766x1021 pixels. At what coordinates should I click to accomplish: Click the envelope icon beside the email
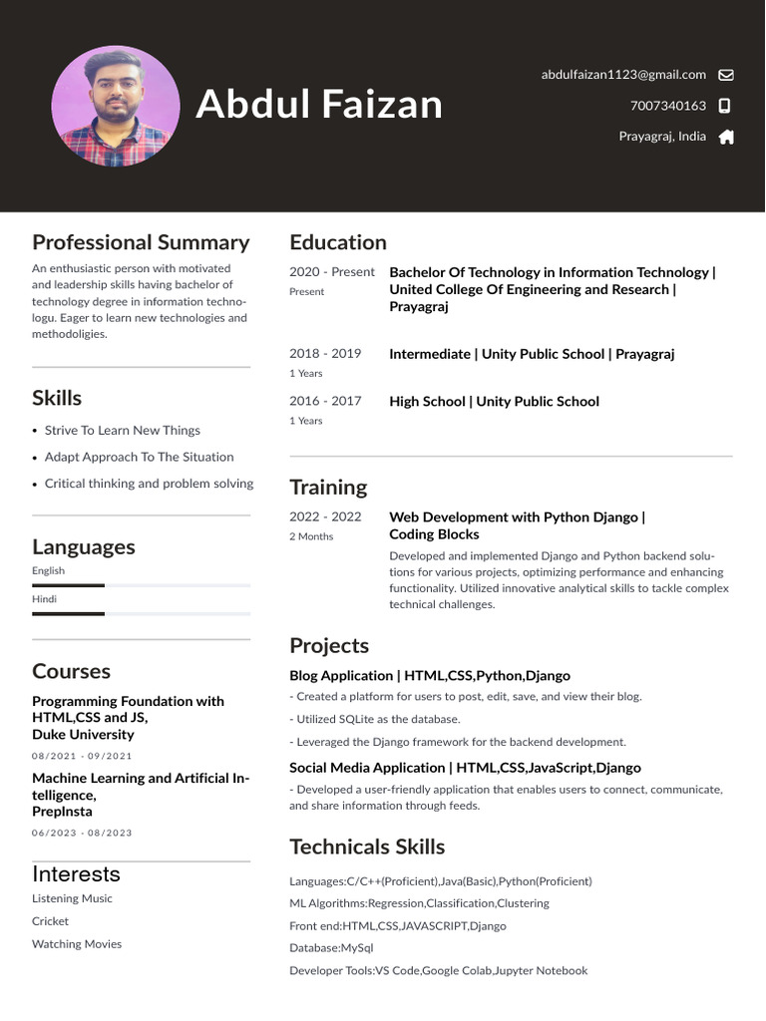click(x=726, y=75)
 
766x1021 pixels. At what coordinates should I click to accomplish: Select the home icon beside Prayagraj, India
click(x=726, y=137)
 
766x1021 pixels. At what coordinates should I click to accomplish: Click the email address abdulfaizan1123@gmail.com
click(x=623, y=75)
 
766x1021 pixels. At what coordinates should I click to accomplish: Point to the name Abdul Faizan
click(x=319, y=104)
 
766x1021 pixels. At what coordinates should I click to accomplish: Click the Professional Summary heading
click(x=141, y=242)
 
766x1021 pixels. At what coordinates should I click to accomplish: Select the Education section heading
click(x=338, y=242)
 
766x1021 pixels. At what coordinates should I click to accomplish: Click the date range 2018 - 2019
click(x=325, y=354)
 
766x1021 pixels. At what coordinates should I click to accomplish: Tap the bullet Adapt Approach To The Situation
click(x=139, y=457)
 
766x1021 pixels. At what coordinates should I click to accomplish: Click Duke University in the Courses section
click(x=83, y=735)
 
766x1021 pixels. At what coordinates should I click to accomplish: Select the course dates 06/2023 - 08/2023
click(x=82, y=833)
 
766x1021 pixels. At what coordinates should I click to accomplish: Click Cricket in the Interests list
click(x=50, y=921)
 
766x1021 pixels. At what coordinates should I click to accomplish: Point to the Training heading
click(x=328, y=488)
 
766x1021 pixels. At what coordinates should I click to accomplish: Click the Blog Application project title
click(x=430, y=676)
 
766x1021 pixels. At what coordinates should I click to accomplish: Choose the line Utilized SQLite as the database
click(x=375, y=719)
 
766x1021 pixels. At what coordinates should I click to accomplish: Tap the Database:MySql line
click(x=331, y=948)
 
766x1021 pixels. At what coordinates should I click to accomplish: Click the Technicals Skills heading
click(x=367, y=847)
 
